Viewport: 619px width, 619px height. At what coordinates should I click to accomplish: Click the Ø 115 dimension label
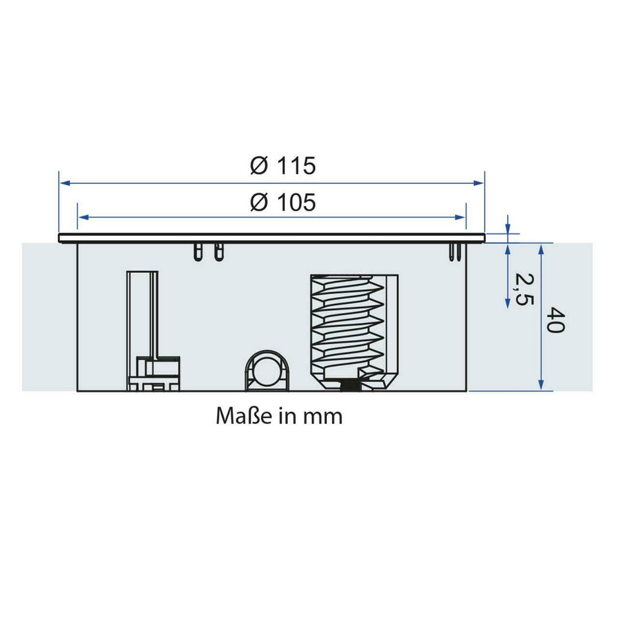283,165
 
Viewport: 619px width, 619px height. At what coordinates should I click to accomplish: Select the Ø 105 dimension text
283,202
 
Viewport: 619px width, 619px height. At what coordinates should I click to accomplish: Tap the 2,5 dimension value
524,289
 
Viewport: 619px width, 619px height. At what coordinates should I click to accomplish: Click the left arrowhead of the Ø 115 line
65,183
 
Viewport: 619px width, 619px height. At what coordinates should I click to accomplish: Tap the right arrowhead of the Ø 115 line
478,183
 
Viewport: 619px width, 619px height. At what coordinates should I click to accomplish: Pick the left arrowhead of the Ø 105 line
84,217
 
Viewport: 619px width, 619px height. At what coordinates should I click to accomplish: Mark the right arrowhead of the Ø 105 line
461,217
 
